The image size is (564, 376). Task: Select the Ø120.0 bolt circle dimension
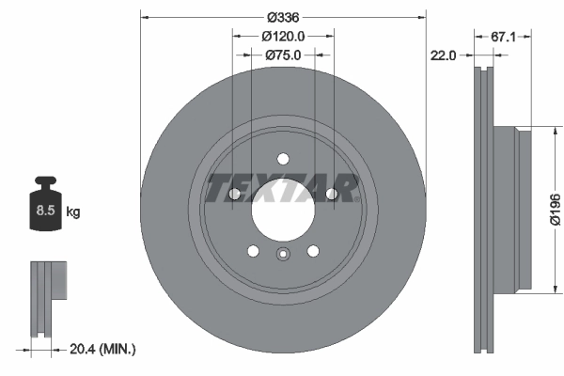point(283,37)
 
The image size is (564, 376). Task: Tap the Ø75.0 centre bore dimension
point(283,55)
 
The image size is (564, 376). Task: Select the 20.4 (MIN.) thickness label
point(103,349)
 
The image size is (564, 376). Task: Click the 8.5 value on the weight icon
point(44,211)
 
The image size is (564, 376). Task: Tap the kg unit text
point(73,211)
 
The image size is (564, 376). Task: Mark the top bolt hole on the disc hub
point(283,157)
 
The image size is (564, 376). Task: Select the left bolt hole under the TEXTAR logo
point(234,194)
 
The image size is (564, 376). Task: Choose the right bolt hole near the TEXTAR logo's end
point(331,194)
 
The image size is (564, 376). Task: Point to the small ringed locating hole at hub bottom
point(283,253)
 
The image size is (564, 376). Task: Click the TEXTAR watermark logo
point(283,187)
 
